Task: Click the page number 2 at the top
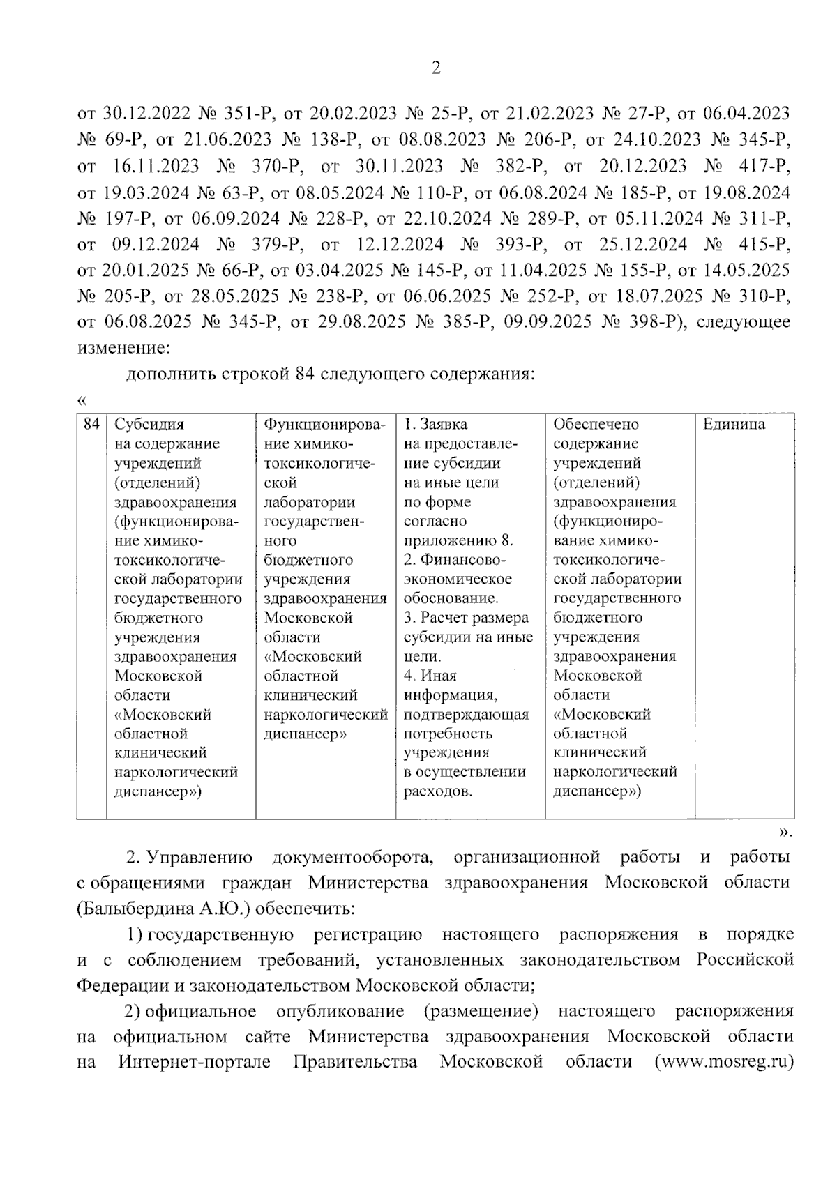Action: [x=436, y=68]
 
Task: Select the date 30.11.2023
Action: [x=399, y=166]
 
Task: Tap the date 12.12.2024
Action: [x=399, y=245]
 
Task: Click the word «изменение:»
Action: [x=123, y=347]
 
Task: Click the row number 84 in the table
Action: [x=91, y=424]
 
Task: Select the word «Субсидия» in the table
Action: [x=149, y=425]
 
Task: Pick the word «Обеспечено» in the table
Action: [x=596, y=425]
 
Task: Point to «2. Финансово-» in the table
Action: [x=454, y=560]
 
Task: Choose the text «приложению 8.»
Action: [x=458, y=540]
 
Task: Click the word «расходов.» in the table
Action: [x=437, y=791]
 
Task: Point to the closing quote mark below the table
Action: [x=785, y=831]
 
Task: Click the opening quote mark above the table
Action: [x=82, y=400]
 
